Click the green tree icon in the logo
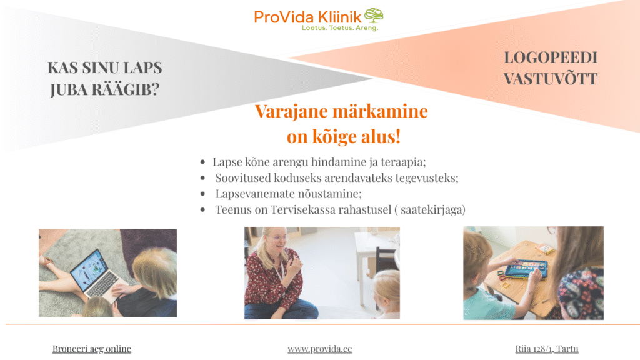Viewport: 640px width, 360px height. pyautogui.click(x=374, y=16)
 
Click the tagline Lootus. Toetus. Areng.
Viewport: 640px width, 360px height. pyautogui.click(x=340, y=27)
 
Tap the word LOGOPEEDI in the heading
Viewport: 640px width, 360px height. pyautogui.click(x=551, y=57)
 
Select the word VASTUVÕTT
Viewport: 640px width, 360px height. pyautogui.click(x=551, y=78)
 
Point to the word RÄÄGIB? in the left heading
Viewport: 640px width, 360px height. pyautogui.click(x=125, y=89)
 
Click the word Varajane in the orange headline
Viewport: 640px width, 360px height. pyautogui.click(x=291, y=111)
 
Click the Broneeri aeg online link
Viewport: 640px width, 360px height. pyautogui.click(x=92, y=349)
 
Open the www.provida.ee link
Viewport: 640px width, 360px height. pyautogui.click(x=319, y=349)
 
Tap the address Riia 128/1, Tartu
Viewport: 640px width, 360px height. pyautogui.click(x=546, y=349)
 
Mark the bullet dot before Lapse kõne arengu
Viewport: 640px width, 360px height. pyautogui.click(x=202, y=162)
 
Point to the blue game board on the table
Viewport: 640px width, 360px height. pyautogui.click(x=526, y=269)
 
